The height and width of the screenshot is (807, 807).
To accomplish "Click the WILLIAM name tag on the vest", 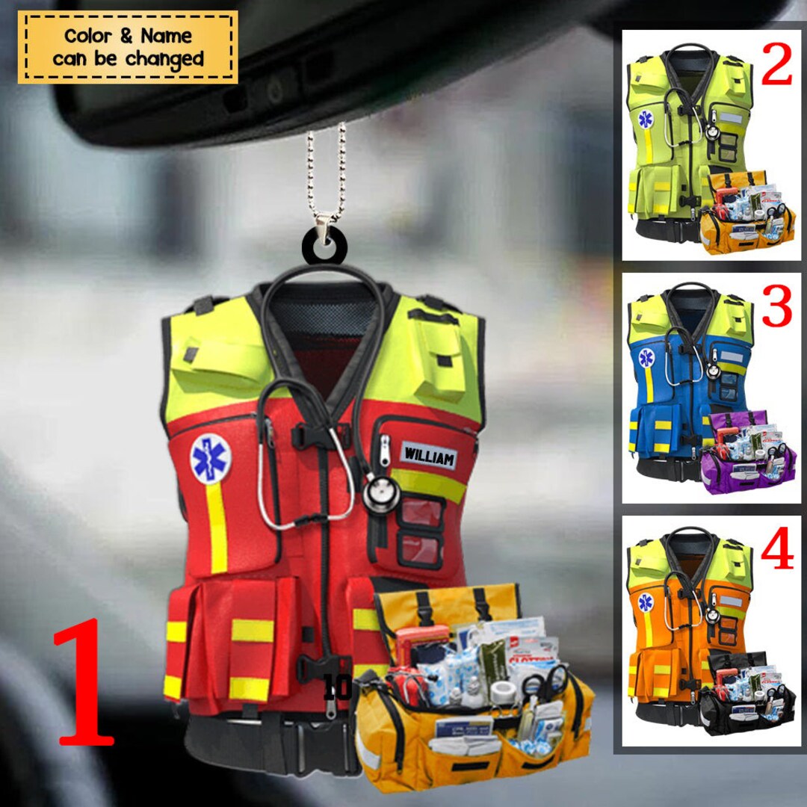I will [x=429, y=455].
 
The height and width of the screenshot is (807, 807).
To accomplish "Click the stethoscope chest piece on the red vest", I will [x=381, y=494].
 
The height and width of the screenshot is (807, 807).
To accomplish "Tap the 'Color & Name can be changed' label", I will [x=128, y=46].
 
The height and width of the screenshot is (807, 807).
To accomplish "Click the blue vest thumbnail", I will [x=676, y=381].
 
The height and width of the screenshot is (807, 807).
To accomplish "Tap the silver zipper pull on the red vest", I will [x=385, y=451].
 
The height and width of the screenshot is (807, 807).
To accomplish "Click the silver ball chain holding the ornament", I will [x=326, y=172].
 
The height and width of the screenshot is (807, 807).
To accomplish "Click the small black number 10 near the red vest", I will [x=338, y=687].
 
